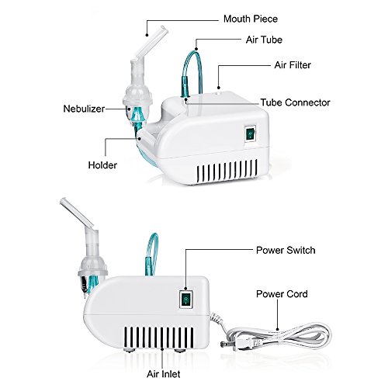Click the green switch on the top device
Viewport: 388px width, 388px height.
pyautogui.click(x=251, y=133)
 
